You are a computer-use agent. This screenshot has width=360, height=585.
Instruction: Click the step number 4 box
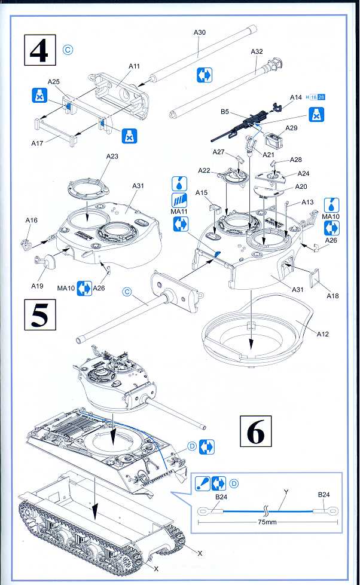pyautogui.click(x=39, y=51)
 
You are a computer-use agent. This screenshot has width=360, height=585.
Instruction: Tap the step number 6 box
pyautogui.click(x=255, y=431)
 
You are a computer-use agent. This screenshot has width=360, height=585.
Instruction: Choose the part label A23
pyautogui.click(x=113, y=156)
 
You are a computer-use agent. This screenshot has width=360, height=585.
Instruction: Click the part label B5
pyautogui.click(x=225, y=111)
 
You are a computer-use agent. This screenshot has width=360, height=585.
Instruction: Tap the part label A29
pyautogui.click(x=291, y=128)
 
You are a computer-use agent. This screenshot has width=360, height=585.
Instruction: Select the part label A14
pyautogui.click(x=296, y=97)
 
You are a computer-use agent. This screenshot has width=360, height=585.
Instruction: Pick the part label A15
pyautogui.click(x=202, y=192)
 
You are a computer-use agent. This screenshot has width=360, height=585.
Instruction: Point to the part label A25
pyautogui.click(x=54, y=81)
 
